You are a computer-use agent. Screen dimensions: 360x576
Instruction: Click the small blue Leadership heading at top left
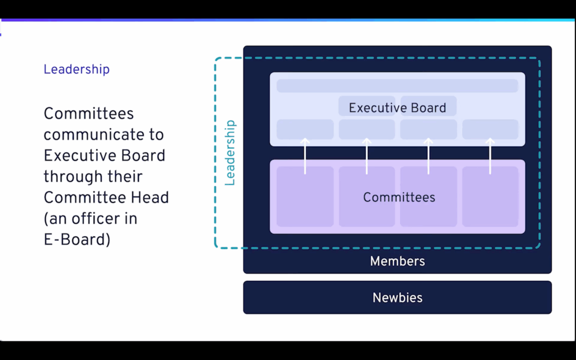[x=76, y=70]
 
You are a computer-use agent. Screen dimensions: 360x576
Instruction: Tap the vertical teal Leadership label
[x=229, y=152]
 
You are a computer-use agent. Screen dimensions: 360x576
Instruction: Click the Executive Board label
[x=397, y=108]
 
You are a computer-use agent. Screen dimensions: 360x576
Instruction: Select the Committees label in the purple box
[x=399, y=197]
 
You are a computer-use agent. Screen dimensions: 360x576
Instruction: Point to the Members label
[x=397, y=261]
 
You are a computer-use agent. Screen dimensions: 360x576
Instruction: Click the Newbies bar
[x=397, y=298]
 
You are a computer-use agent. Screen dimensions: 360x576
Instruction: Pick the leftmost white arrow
[x=305, y=156]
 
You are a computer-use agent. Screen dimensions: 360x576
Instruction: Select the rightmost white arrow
[x=490, y=156]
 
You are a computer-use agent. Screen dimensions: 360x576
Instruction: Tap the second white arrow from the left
[x=367, y=156]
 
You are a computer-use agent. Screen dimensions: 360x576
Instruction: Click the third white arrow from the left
[x=428, y=156]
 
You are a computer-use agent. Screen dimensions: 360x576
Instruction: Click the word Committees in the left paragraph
[x=89, y=114]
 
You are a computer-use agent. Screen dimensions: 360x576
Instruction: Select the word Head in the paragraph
[x=150, y=197]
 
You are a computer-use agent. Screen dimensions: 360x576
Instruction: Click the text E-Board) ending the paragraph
[x=76, y=240]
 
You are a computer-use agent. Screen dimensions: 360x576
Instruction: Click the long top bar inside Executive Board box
[x=397, y=85]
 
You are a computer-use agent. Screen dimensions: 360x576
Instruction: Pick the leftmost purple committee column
[x=305, y=196]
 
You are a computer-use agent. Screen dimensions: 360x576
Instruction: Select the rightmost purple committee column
[x=490, y=196]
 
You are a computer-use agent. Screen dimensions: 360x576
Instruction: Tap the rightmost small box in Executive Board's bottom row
[x=490, y=129]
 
